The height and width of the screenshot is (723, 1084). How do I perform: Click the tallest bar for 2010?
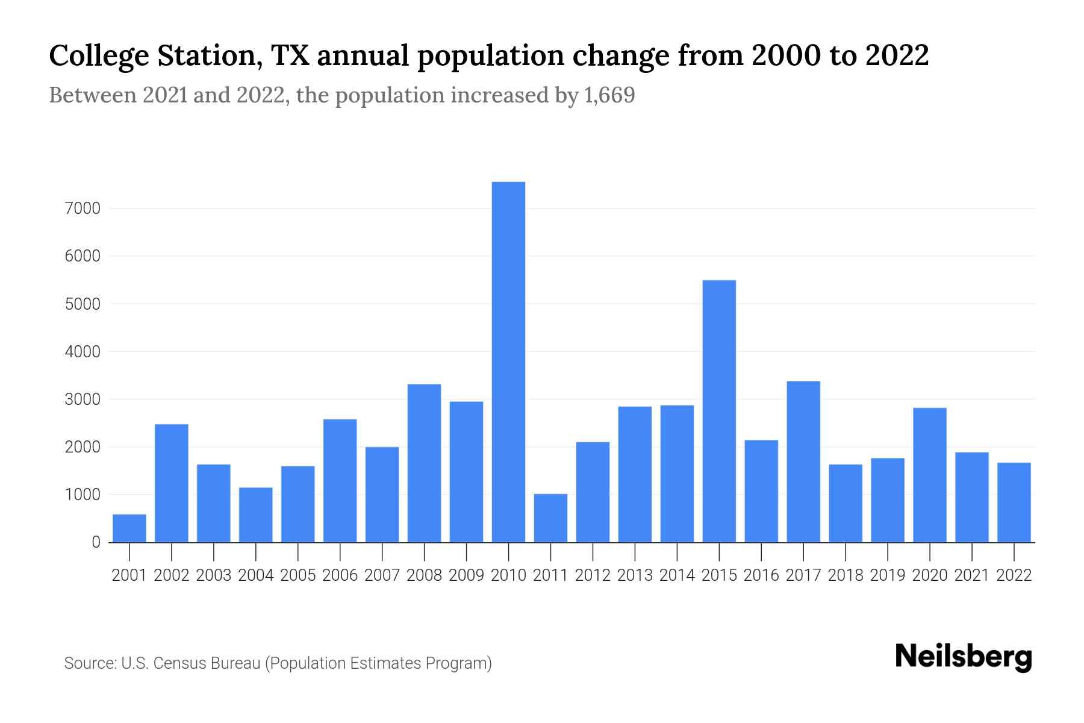pyautogui.click(x=508, y=361)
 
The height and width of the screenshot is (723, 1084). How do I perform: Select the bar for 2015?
pyautogui.click(x=719, y=411)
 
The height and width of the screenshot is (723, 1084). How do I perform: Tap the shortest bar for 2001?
pyautogui.click(x=129, y=528)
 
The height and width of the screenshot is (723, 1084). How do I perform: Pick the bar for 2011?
pyautogui.click(x=550, y=518)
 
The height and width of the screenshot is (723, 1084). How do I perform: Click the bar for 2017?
pyautogui.click(x=803, y=462)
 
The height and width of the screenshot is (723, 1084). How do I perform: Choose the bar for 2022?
pyautogui.click(x=1014, y=502)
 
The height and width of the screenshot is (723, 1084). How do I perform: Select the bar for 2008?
pyautogui.click(x=424, y=463)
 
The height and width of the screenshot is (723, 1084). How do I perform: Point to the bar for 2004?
pyautogui.click(x=256, y=515)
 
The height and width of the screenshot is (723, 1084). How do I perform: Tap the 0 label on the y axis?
pyautogui.click(x=96, y=542)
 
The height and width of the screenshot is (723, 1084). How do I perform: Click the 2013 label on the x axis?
pyautogui.click(x=635, y=575)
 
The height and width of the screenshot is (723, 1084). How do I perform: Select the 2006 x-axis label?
pyautogui.click(x=340, y=575)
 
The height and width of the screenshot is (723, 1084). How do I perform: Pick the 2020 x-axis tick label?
pyautogui.click(x=930, y=575)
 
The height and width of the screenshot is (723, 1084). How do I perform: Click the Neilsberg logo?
pyautogui.click(x=964, y=657)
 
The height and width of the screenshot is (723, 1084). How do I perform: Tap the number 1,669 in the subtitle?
pyautogui.click(x=609, y=95)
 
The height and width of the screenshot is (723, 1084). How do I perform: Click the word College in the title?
pyautogui.click(x=99, y=56)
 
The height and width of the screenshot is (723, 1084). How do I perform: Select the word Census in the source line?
pyautogui.click(x=176, y=663)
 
